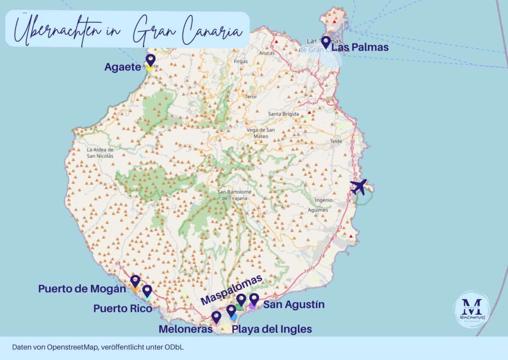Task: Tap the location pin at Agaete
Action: point(150,60)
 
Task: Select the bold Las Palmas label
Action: point(360,48)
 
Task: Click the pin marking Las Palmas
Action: point(326,41)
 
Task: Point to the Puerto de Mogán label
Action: point(82,289)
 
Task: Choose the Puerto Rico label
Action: point(123,309)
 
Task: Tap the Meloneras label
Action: point(185,329)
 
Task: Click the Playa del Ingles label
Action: point(272,329)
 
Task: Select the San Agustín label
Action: point(294,305)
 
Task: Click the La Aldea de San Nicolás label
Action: point(100,153)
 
